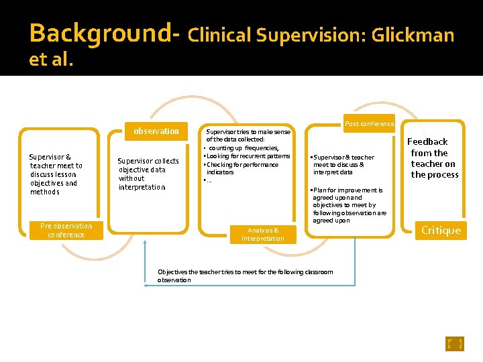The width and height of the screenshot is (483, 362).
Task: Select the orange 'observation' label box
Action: tap(156, 131)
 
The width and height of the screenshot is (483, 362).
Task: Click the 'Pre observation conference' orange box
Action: tap(66, 231)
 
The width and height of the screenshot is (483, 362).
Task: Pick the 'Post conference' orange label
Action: tap(369, 124)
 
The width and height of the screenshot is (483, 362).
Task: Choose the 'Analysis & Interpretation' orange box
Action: tap(263, 234)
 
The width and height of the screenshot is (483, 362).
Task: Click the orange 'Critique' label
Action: tap(441, 231)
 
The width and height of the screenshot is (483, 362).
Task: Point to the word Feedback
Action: tap(427, 142)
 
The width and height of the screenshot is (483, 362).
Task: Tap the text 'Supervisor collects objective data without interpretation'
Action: tap(148, 174)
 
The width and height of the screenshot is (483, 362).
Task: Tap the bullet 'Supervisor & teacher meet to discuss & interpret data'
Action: tap(343, 164)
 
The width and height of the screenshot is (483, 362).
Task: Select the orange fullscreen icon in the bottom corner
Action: tap(455, 344)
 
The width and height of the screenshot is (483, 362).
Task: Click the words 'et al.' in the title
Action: tap(51, 60)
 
